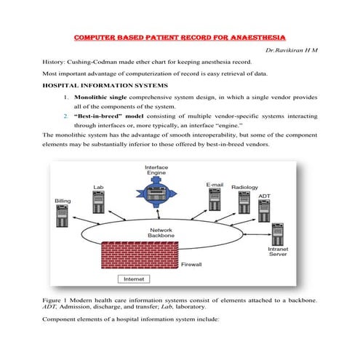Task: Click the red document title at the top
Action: click(180, 37)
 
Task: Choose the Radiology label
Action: click(244, 188)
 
